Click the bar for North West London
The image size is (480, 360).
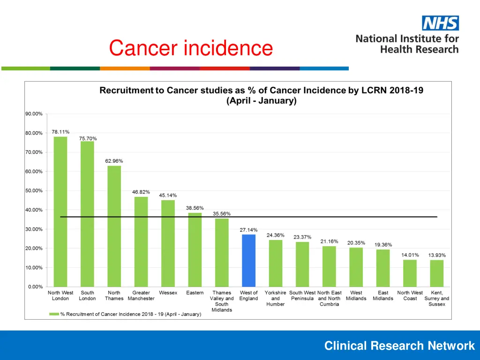click(60, 211)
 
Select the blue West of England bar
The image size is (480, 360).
click(249, 261)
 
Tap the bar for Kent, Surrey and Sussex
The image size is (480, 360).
click(437, 273)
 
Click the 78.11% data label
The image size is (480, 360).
click(60, 132)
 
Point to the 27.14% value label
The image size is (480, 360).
click(249, 230)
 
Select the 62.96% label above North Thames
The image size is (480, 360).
click(114, 161)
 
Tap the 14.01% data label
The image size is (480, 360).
click(410, 255)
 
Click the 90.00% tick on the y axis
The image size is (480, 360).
click(34, 114)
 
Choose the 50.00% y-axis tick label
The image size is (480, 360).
click(34, 191)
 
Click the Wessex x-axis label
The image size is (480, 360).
click(168, 293)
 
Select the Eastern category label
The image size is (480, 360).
click(195, 293)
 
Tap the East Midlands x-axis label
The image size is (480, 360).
click(383, 296)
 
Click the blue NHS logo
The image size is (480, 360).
click(440, 23)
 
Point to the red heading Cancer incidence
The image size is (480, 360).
click(191, 48)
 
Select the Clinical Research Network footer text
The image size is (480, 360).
click(399, 346)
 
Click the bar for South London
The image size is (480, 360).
click(87, 214)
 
